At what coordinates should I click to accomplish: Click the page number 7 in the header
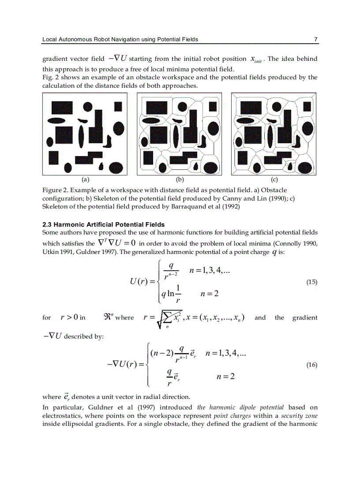click(315, 39)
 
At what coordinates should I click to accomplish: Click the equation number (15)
click(311, 282)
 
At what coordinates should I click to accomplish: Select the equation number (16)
click(311, 365)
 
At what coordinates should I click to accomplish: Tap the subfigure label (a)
click(85, 179)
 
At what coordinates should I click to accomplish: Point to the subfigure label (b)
click(180, 179)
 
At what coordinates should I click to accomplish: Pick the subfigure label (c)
click(274, 179)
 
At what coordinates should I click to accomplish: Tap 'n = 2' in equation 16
click(225, 376)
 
